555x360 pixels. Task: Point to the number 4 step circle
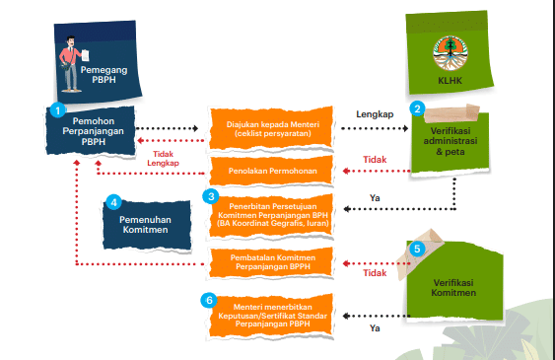click(x=113, y=200)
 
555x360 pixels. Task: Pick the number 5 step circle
click(x=417, y=250)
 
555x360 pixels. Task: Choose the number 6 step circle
click(x=208, y=300)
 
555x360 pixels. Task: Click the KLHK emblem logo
click(x=451, y=50)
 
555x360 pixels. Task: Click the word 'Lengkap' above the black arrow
click(x=375, y=114)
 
